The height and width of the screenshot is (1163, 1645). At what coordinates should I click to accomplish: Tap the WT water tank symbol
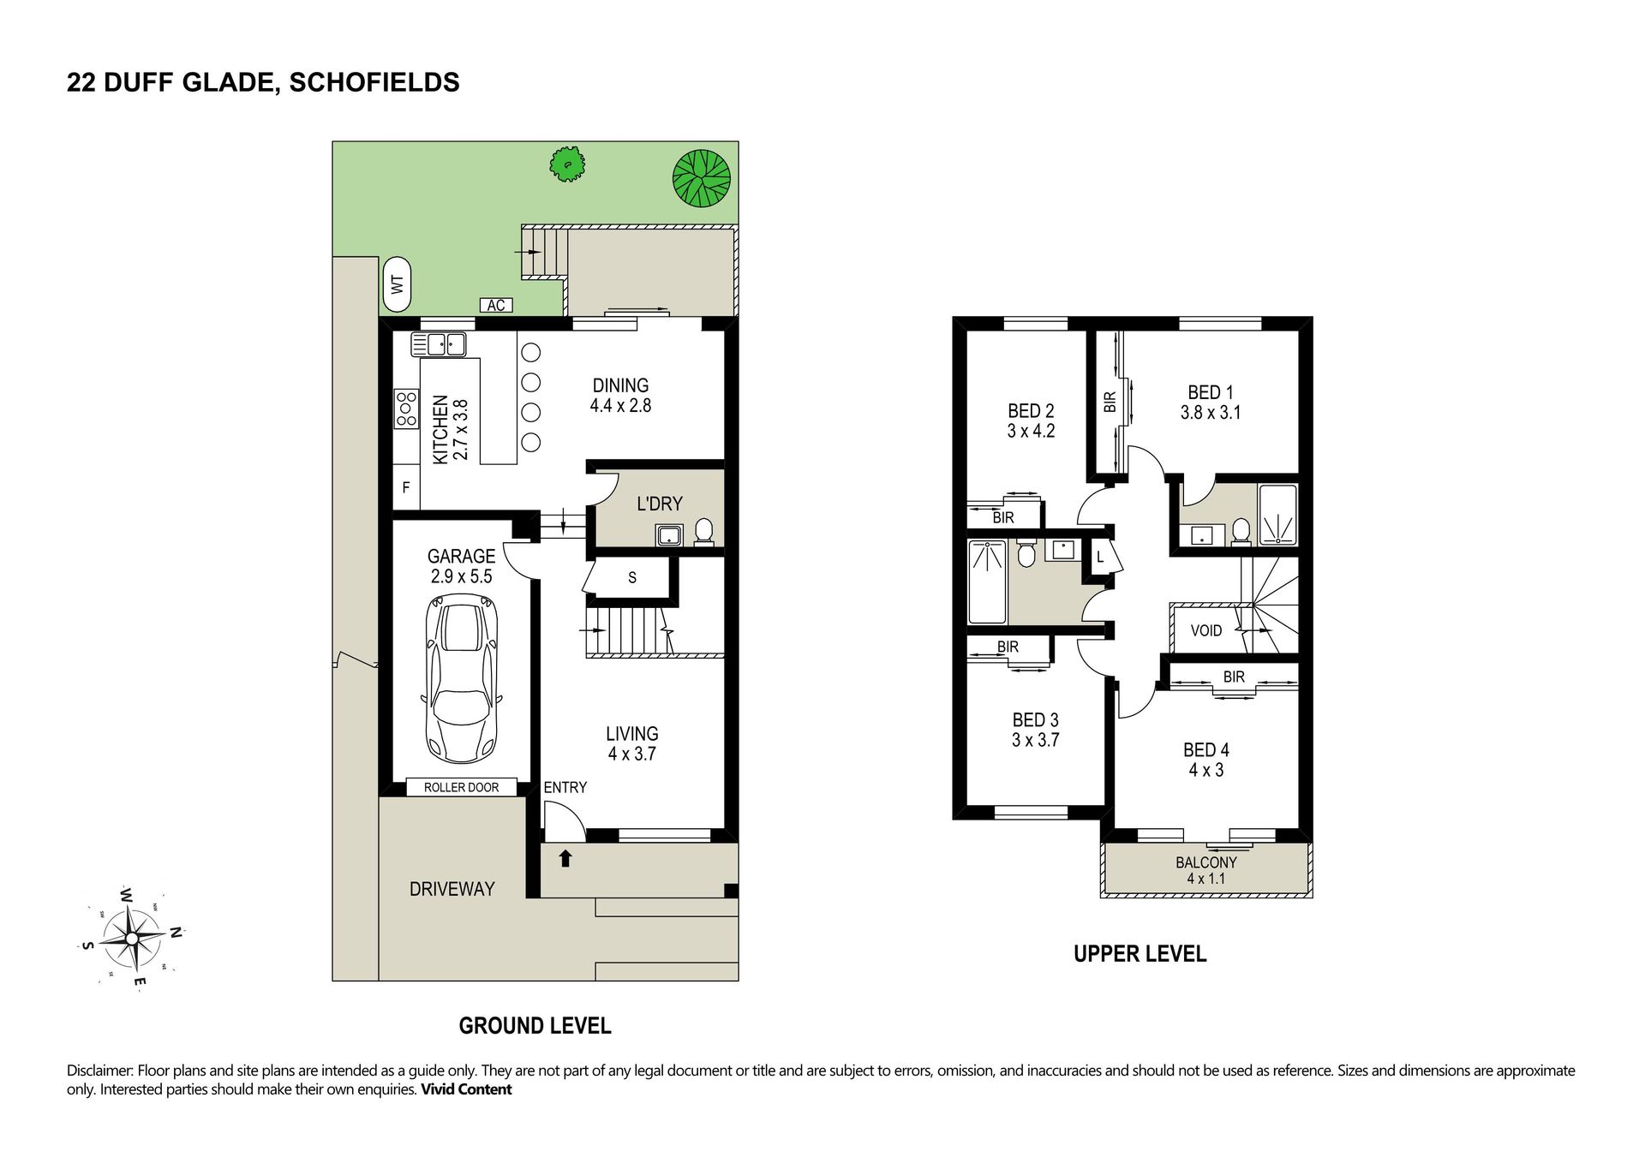click(397, 283)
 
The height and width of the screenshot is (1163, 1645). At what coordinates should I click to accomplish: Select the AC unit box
click(496, 305)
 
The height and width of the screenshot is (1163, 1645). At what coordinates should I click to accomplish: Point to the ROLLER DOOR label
click(461, 787)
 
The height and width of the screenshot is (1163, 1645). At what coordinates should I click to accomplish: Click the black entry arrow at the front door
click(565, 857)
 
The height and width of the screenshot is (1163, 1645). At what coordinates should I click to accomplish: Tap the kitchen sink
click(439, 344)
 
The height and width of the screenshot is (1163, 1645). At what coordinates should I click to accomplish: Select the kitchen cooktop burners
click(405, 409)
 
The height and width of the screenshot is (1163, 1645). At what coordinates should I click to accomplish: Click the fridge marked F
click(406, 487)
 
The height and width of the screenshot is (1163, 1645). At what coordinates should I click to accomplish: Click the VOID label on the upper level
click(1206, 631)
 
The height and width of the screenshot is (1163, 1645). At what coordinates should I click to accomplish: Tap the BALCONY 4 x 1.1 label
click(1206, 870)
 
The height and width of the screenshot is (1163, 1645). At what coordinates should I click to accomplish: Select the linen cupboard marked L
click(1100, 558)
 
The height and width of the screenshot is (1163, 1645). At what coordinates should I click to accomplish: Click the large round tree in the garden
click(701, 179)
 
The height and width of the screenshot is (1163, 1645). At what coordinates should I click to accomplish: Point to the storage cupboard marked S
click(632, 578)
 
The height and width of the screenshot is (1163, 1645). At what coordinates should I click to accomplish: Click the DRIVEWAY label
click(452, 889)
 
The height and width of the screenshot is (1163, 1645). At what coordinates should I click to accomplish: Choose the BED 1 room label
click(1210, 403)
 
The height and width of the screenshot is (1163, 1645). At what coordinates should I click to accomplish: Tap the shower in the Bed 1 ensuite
click(1278, 515)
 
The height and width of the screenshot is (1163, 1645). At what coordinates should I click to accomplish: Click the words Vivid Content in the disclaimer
click(466, 1089)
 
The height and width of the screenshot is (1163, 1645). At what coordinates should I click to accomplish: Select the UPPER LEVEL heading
click(1140, 954)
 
